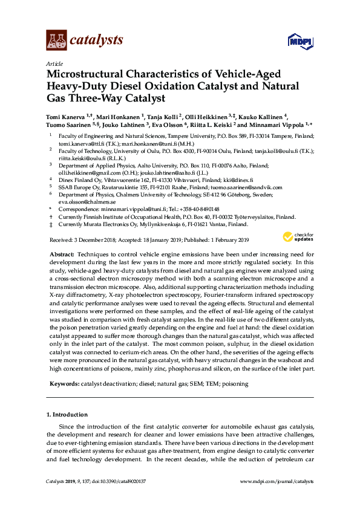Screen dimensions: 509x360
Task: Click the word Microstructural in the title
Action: point(87,74)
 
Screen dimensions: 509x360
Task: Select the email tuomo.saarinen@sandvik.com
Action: point(260,187)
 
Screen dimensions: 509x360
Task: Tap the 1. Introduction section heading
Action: point(67,415)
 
